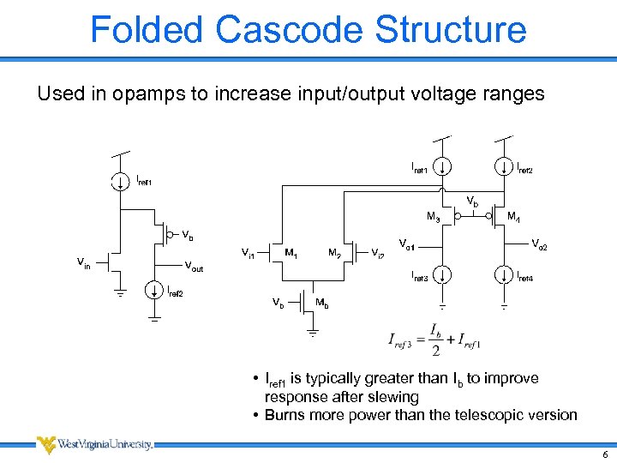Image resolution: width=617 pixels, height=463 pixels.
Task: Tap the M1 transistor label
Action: [292, 253]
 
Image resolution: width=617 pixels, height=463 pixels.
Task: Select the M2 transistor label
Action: [335, 253]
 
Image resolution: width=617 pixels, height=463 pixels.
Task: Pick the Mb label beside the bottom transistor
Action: [321, 304]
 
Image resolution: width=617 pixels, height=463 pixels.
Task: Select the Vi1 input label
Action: [247, 253]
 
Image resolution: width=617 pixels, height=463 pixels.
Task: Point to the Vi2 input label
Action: [378, 253]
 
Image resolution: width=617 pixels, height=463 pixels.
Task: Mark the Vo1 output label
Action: [407, 246]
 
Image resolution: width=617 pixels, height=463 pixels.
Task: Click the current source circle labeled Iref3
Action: [442, 275]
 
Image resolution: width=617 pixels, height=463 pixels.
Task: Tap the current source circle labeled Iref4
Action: [503, 275]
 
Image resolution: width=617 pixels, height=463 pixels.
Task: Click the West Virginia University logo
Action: [94, 444]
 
